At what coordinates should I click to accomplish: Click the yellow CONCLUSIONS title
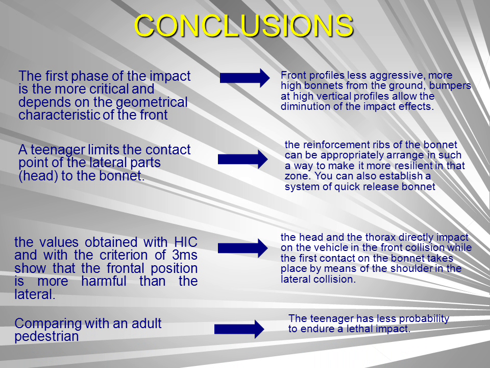click(x=244, y=26)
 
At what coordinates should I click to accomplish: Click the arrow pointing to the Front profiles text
click(x=244, y=78)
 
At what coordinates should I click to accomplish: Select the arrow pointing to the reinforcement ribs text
click(x=243, y=159)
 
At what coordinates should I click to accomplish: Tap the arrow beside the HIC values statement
click(x=243, y=248)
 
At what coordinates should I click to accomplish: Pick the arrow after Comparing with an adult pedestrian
click(x=239, y=329)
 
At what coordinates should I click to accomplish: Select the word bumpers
click(x=450, y=86)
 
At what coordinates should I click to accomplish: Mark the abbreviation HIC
click(x=186, y=242)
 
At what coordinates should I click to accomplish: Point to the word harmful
click(x=104, y=281)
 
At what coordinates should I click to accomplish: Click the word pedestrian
click(x=46, y=337)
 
